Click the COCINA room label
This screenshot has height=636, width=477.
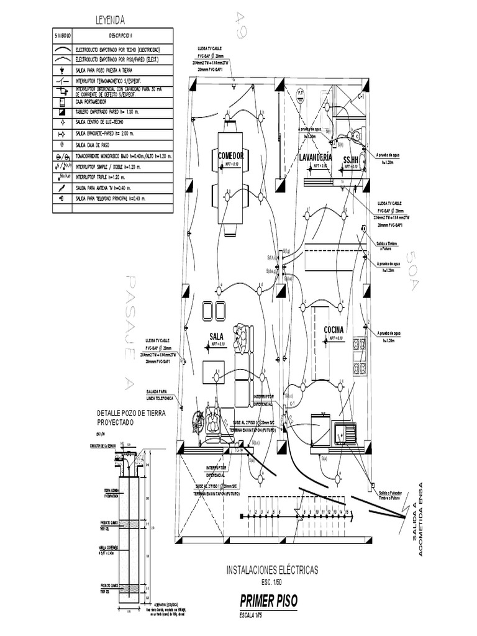click(x=334, y=329)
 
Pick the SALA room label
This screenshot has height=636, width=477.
click(x=217, y=336)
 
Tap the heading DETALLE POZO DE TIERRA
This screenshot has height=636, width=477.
click(x=132, y=413)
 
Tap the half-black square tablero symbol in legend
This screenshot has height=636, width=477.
click(x=62, y=112)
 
